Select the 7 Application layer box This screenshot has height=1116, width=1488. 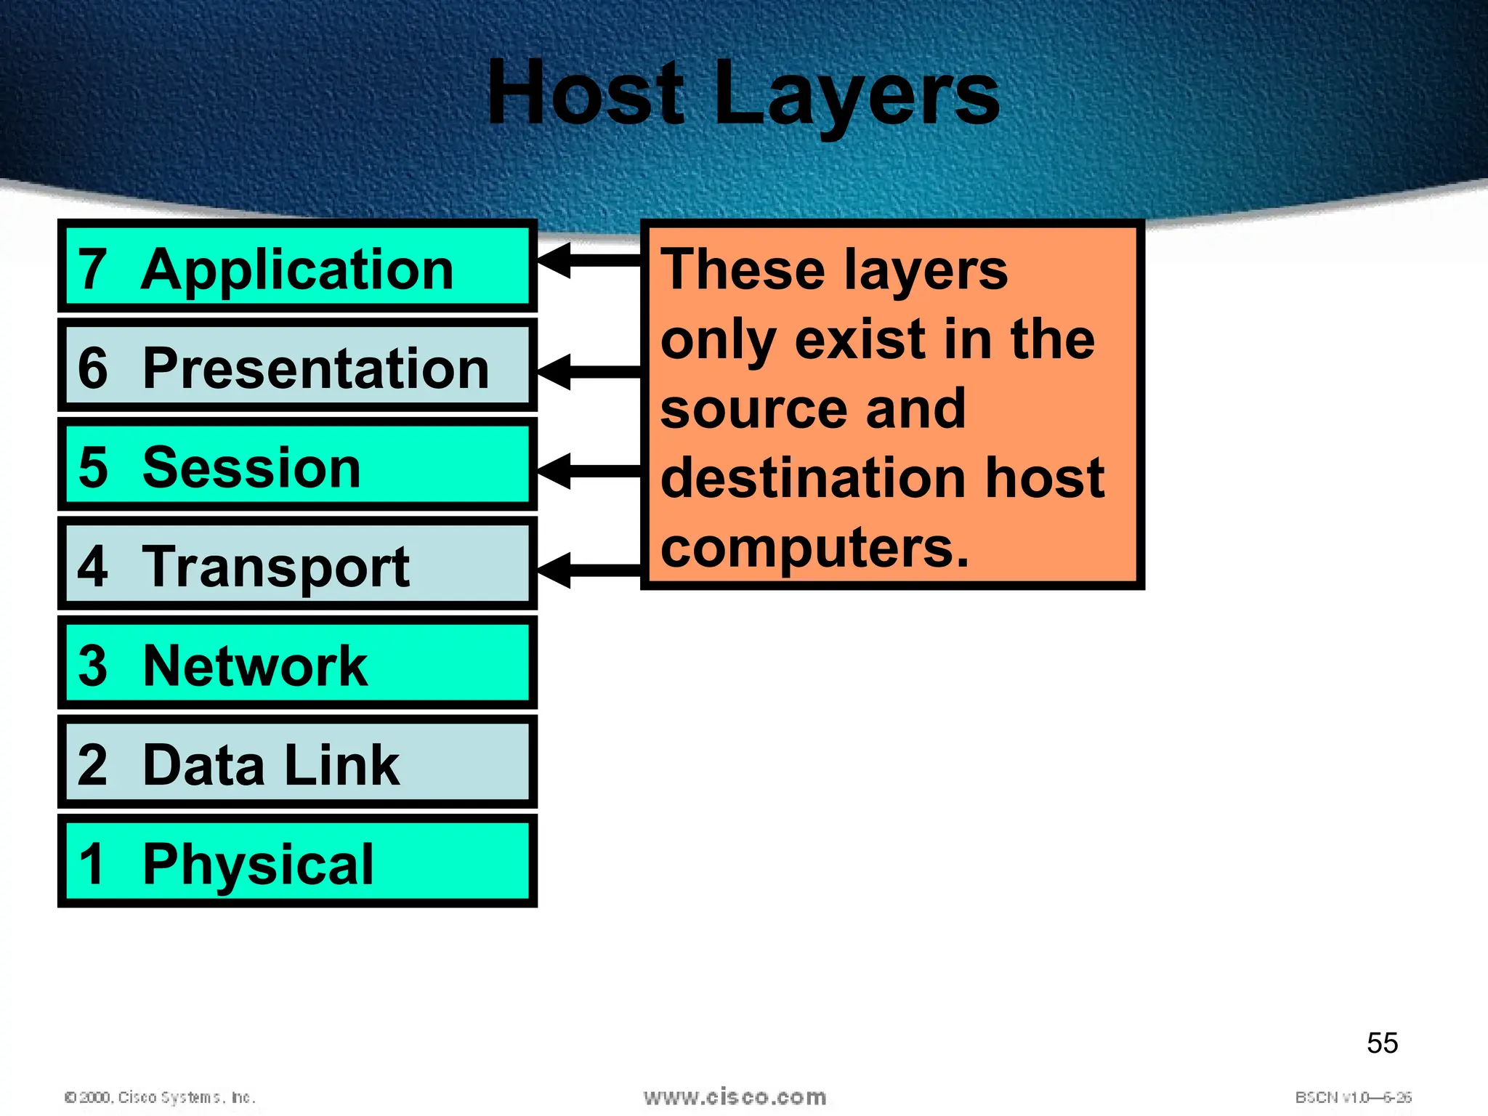point(297,267)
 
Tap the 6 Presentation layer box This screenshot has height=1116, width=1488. point(297,366)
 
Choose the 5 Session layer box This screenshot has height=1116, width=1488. point(297,466)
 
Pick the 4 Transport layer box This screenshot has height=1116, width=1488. point(297,565)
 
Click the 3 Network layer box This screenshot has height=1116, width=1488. point(297,663)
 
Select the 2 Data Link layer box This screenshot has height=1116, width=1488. point(297,763)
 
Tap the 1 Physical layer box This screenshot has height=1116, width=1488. point(297,862)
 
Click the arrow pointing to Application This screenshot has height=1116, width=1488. point(589,260)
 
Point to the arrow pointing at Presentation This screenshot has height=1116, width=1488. point(589,372)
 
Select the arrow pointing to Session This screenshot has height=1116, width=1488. point(589,471)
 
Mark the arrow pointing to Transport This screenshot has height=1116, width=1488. point(589,570)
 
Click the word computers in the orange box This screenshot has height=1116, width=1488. point(814,549)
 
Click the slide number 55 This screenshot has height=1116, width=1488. point(1382,1043)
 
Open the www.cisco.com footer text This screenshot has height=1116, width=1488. point(735,1097)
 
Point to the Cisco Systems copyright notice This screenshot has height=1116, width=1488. point(160,1097)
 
